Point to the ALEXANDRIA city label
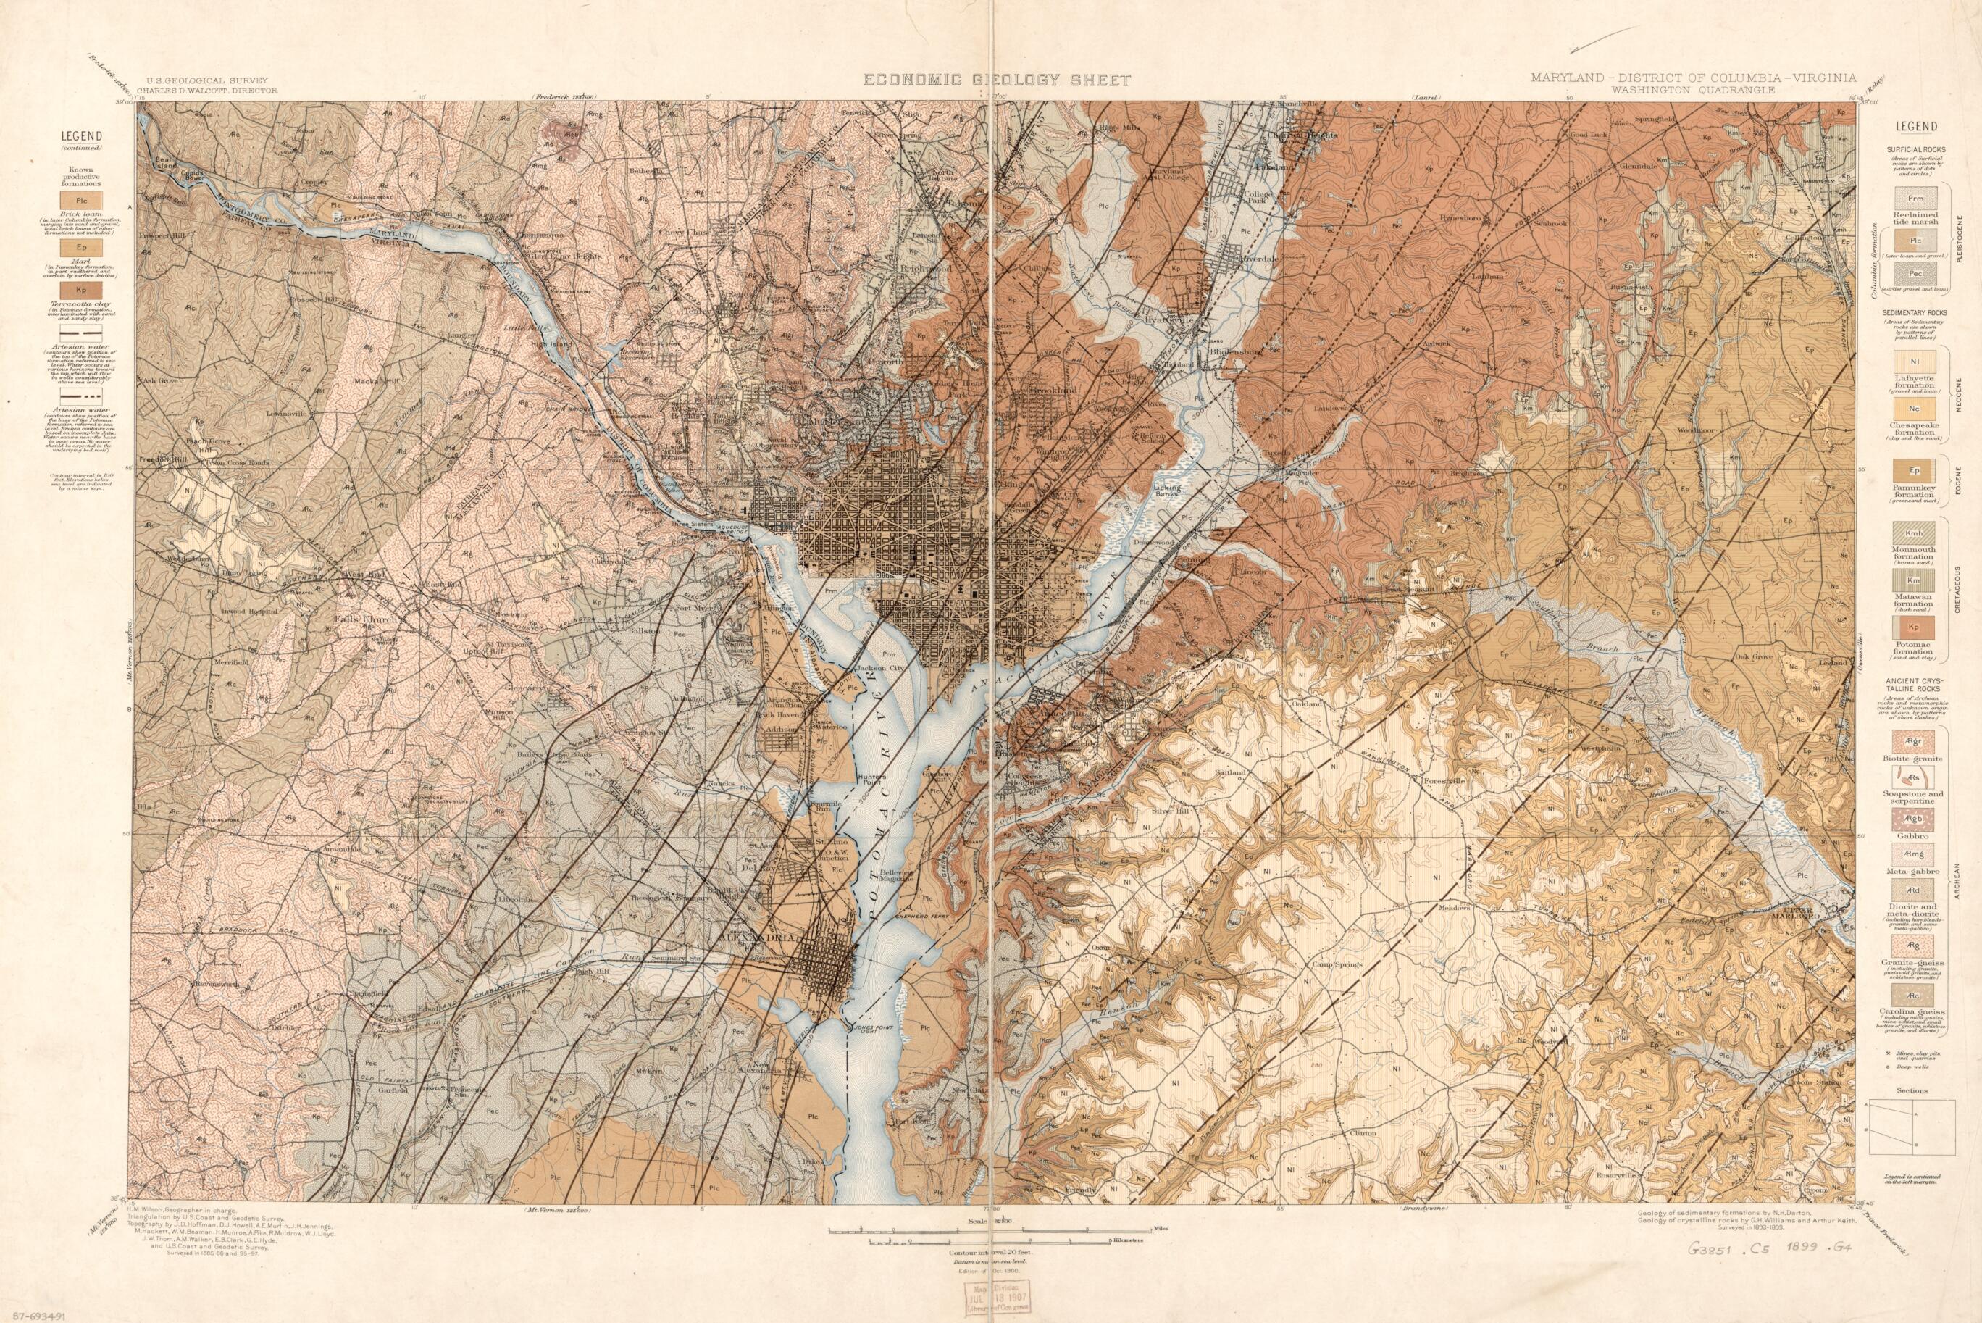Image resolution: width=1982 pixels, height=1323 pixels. (x=756, y=938)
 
